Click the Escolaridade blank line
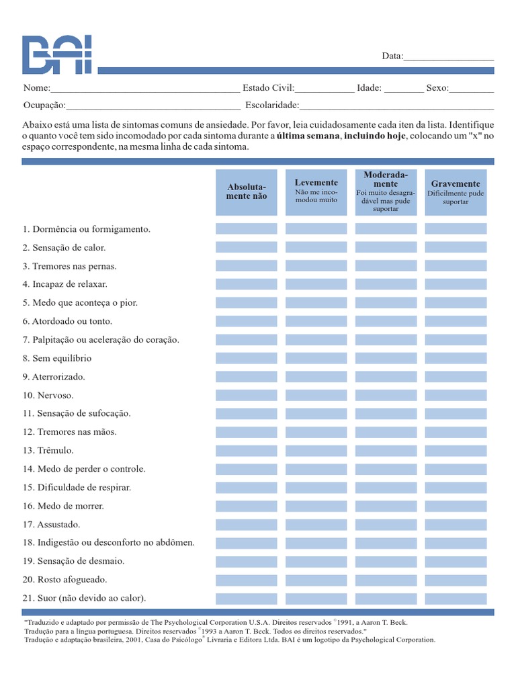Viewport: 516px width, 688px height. [396, 106]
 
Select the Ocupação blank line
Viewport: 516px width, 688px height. [153, 106]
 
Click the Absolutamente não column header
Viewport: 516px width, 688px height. [247, 192]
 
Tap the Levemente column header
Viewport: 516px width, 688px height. [316, 192]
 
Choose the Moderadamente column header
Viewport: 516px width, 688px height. [386, 192]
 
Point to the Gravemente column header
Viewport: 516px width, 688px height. [456, 192]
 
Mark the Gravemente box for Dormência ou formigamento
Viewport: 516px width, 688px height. [456, 229]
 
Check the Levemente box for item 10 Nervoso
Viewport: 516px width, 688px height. [316, 395]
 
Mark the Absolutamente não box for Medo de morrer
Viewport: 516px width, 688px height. [247, 506]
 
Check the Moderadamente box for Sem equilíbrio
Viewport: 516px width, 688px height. [386, 358]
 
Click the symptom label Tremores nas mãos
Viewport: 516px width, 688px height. [69, 432]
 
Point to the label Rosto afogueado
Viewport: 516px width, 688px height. [64, 579]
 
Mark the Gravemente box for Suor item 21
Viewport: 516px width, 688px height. [456, 598]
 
